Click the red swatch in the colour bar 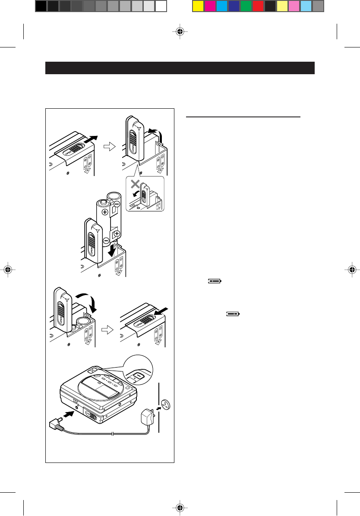(258, 6)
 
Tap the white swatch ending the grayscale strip (161, 6)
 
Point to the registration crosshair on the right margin (351, 271)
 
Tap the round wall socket (165, 404)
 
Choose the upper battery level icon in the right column (214, 280)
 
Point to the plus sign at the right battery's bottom (117, 234)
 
